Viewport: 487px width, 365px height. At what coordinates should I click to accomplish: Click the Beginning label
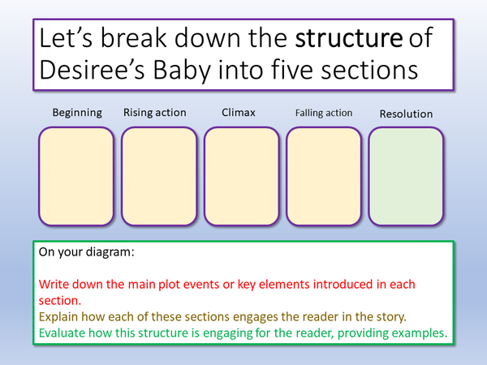[x=77, y=113]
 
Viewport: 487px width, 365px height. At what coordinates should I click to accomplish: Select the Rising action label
[x=154, y=113]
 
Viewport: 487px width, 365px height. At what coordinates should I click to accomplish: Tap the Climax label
[x=239, y=113]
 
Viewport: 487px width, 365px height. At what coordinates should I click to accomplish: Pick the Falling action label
[x=323, y=114]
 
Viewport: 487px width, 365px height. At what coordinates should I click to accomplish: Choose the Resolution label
[x=406, y=114]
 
